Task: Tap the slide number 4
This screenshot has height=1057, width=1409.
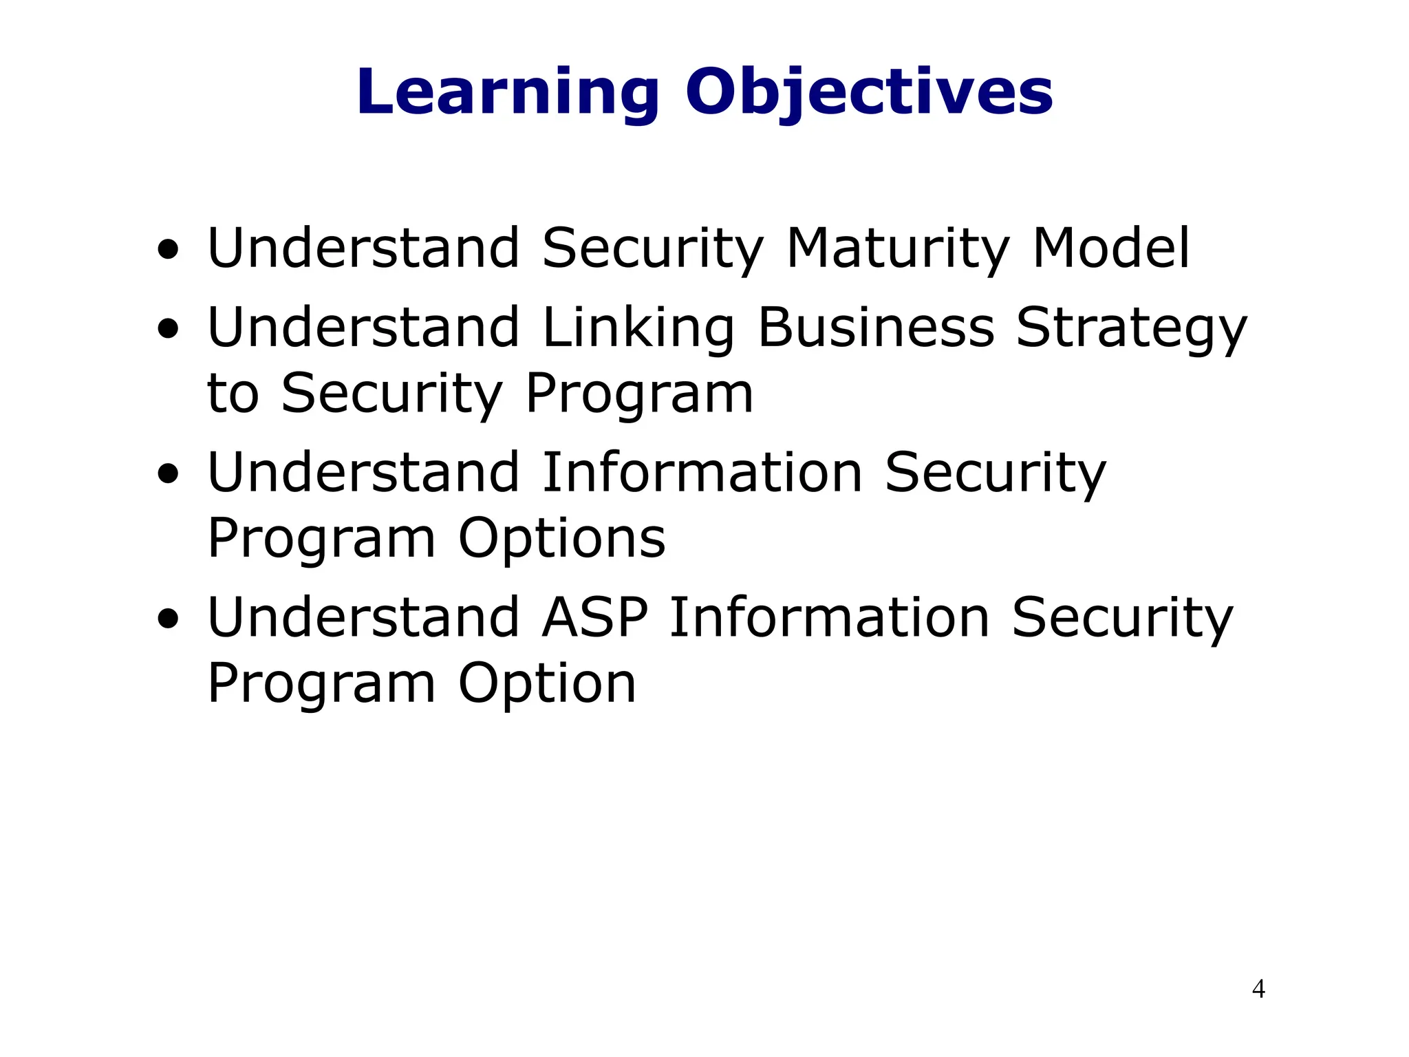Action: coord(1258,989)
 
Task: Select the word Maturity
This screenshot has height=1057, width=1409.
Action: coord(897,249)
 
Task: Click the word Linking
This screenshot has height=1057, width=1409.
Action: coord(638,328)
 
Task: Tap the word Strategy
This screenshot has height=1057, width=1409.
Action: coord(1131,328)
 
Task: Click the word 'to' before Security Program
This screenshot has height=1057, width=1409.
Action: coord(233,394)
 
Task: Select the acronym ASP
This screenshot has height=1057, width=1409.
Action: coord(595,617)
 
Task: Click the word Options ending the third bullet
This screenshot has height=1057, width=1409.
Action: coord(561,539)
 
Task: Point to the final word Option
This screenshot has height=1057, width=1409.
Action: coord(547,684)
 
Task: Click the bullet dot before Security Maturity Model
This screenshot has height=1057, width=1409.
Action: coord(168,250)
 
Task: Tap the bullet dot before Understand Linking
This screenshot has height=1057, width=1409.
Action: coord(168,329)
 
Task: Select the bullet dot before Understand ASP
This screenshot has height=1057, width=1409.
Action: coord(168,619)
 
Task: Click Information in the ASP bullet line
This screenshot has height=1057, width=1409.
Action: coord(829,617)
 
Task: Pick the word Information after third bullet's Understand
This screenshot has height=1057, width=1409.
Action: coord(702,473)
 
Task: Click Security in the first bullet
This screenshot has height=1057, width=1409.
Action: coord(652,249)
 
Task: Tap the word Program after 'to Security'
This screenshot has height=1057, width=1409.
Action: coord(639,395)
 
